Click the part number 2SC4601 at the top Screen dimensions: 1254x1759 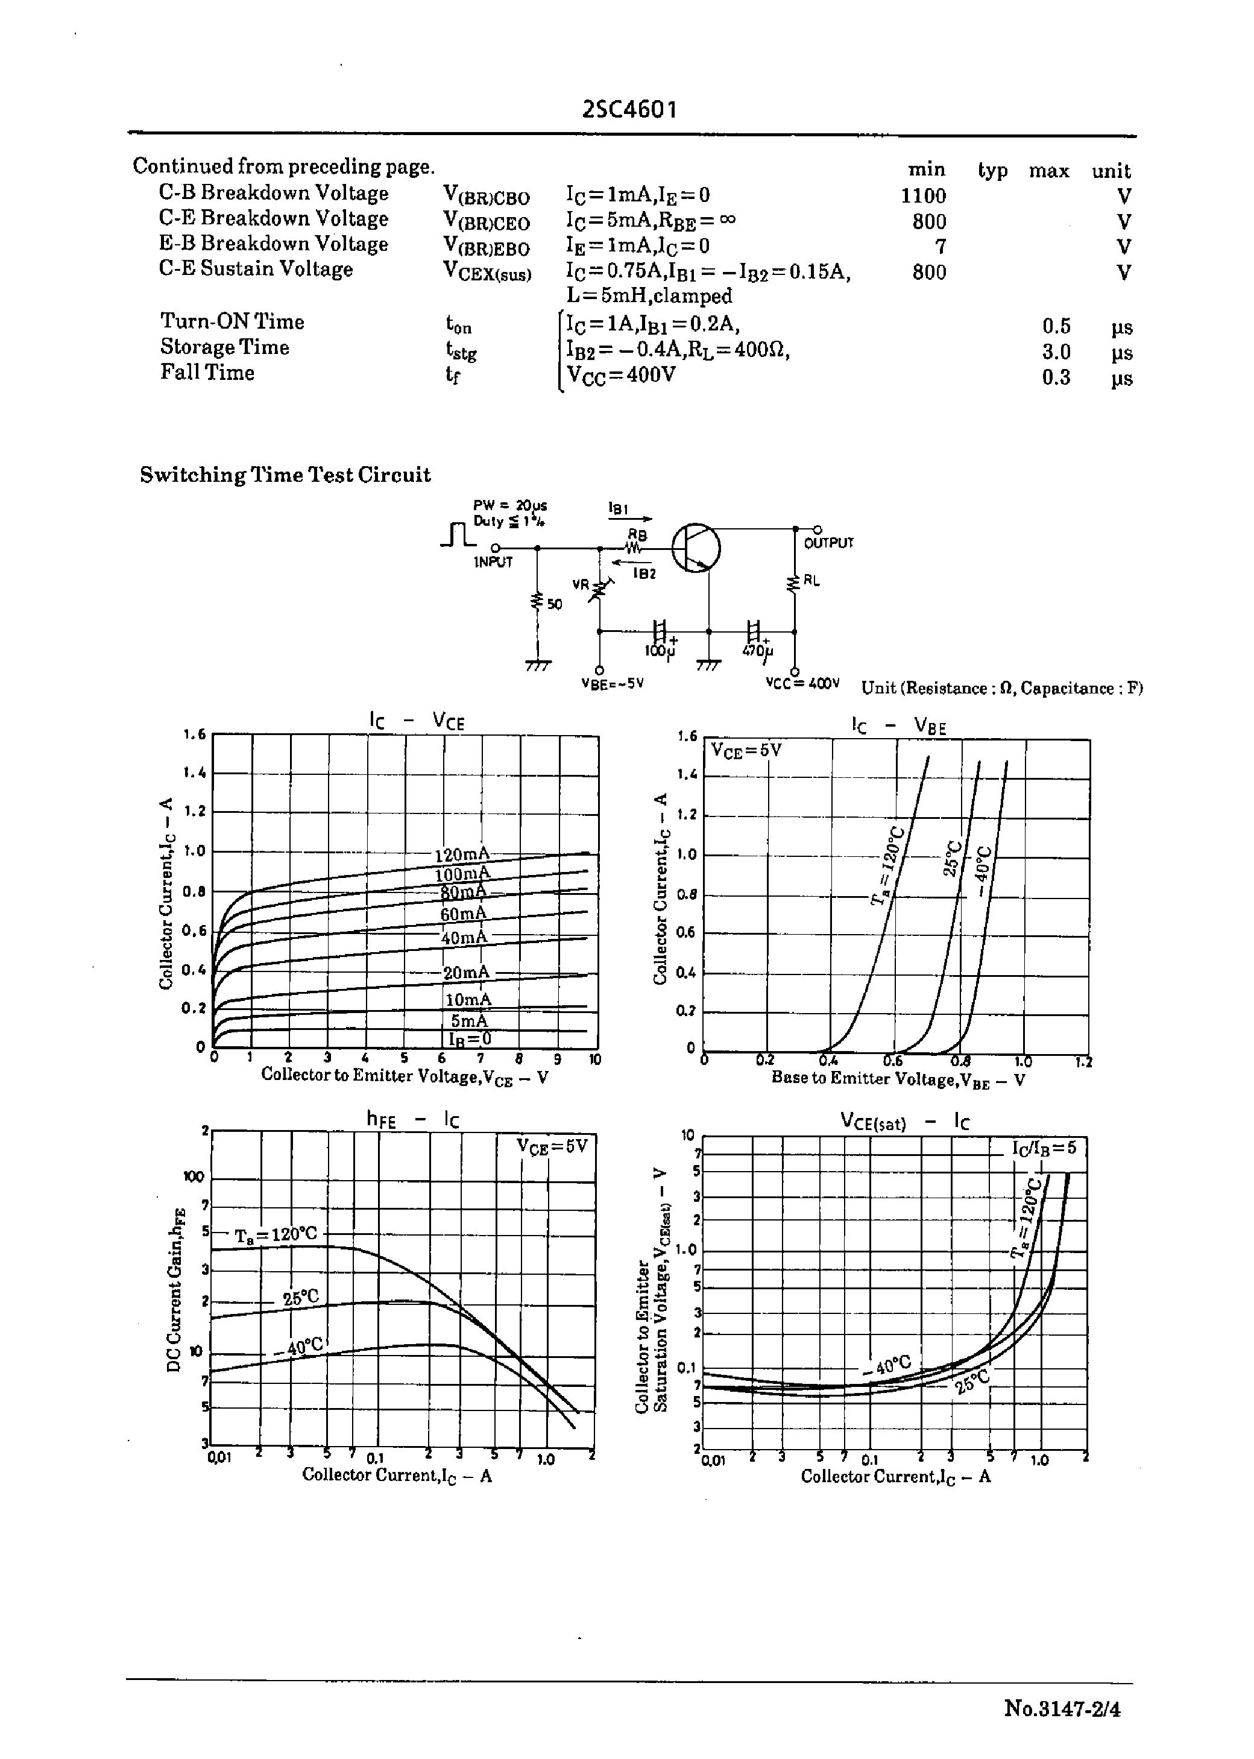pyautogui.click(x=629, y=110)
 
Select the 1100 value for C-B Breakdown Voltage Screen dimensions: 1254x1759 pyautogui.click(x=924, y=196)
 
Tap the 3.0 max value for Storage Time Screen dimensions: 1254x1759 pyautogui.click(x=1056, y=352)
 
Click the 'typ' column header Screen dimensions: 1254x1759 pyautogui.click(x=992, y=170)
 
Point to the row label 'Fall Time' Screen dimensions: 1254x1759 pyautogui.click(x=207, y=373)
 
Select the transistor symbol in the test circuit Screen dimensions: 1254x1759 pyautogui.click(x=696, y=548)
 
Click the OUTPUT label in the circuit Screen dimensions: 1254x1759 pyautogui.click(x=828, y=543)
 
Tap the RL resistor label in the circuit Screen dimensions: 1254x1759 pyautogui.click(x=811, y=580)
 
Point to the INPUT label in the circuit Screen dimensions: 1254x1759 pyautogui.click(x=493, y=562)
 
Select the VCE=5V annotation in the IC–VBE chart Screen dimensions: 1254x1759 pyautogui.click(x=746, y=750)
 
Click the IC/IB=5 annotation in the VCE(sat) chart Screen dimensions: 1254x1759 pyautogui.click(x=1044, y=1148)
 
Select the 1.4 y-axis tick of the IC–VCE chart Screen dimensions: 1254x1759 pyautogui.click(x=195, y=773)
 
